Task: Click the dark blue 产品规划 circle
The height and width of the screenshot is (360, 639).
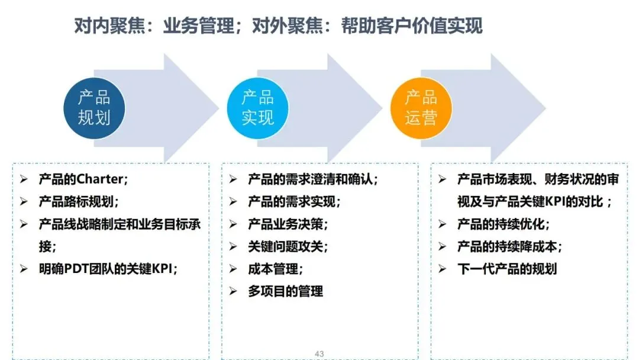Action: point(94,108)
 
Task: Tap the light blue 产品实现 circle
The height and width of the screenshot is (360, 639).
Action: point(257,108)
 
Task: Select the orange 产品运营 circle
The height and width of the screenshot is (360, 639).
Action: point(421,108)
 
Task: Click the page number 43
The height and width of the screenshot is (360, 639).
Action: point(319,354)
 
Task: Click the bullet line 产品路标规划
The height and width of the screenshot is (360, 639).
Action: point(79,201)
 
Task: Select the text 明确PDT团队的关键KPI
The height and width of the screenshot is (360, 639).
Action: point(108,268)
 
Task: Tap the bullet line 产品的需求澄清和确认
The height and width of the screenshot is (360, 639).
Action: point(312,179)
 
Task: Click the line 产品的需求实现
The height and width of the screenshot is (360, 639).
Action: point(294,201)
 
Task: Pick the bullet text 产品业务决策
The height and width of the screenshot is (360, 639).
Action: point(288,224)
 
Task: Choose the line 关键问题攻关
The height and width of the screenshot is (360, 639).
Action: point(288,246)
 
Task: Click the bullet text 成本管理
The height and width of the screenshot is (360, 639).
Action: point(275,268)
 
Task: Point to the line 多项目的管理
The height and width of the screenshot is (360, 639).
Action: point(286,291)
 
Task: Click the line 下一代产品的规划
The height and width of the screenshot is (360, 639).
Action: point(506,268)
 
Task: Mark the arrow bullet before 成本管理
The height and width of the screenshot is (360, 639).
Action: point(233,269)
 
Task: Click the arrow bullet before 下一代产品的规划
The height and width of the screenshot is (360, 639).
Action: point(443,269)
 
